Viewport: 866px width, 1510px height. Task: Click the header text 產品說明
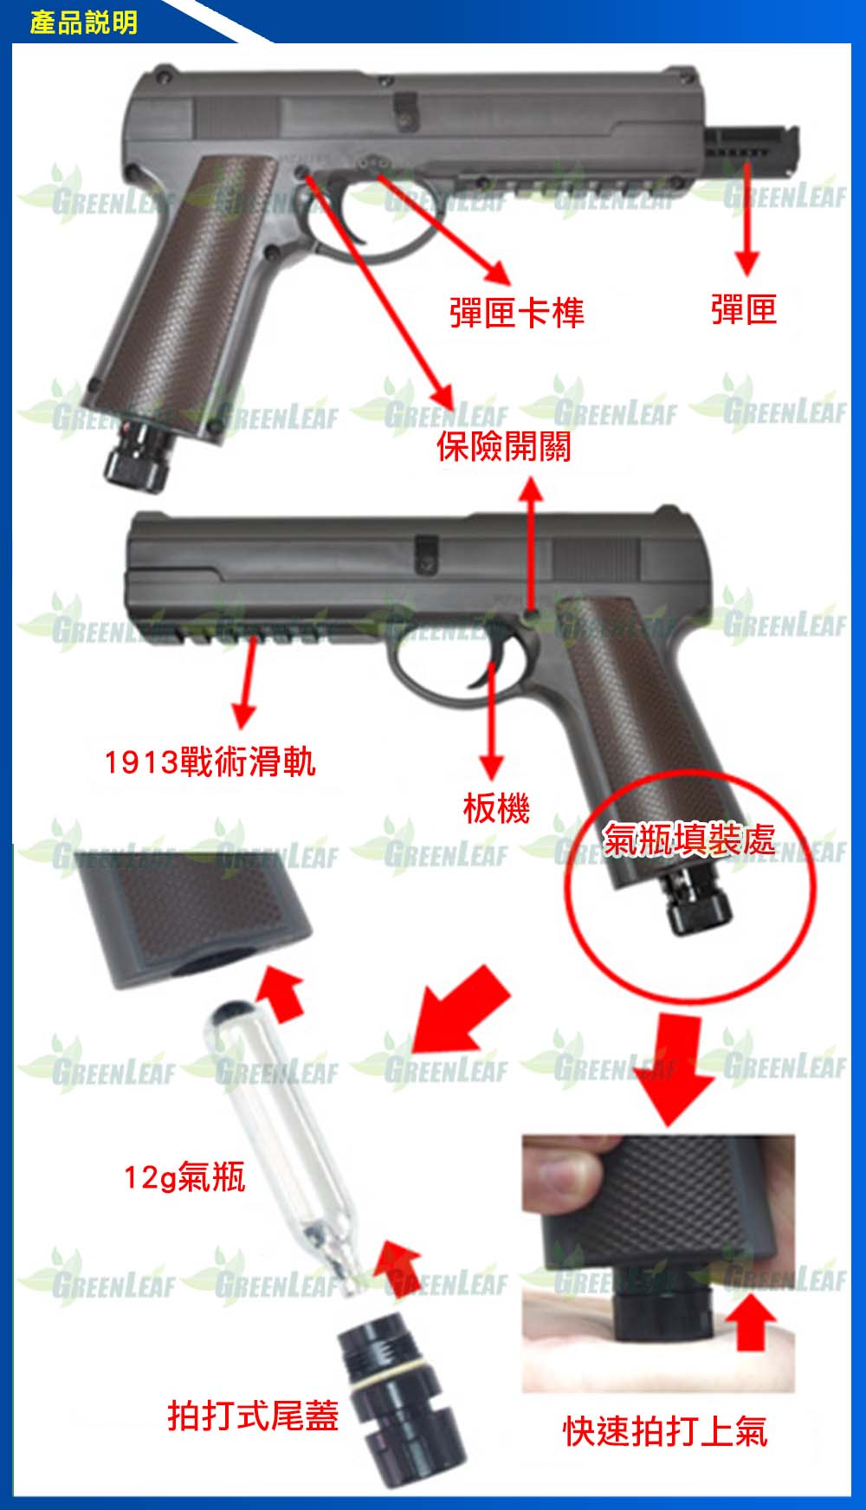pyautogui.click(x=84, y=22)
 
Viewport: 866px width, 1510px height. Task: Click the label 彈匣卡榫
pyautogui.click(x=517, y=312)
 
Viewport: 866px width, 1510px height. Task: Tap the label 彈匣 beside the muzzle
pyautogui.click(x=744, y=309)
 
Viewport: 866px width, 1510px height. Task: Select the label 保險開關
pyautogui.click(x=504, y=446)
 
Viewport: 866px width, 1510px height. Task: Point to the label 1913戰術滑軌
pyautogui.click(x=210, y=762)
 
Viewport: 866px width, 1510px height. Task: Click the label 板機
pyautogui.click(x=496, y=808)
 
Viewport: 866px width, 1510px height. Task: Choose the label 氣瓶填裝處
pyautogui.click(x=688, y=839)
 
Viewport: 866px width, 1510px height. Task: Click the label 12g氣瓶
pyautogui.click(x=184, y=1177)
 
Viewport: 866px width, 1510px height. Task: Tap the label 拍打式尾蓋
pyautogui.click(x=253, y=1416)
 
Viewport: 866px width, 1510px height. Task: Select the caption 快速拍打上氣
pyautogui.click(x=665, y=1431)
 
